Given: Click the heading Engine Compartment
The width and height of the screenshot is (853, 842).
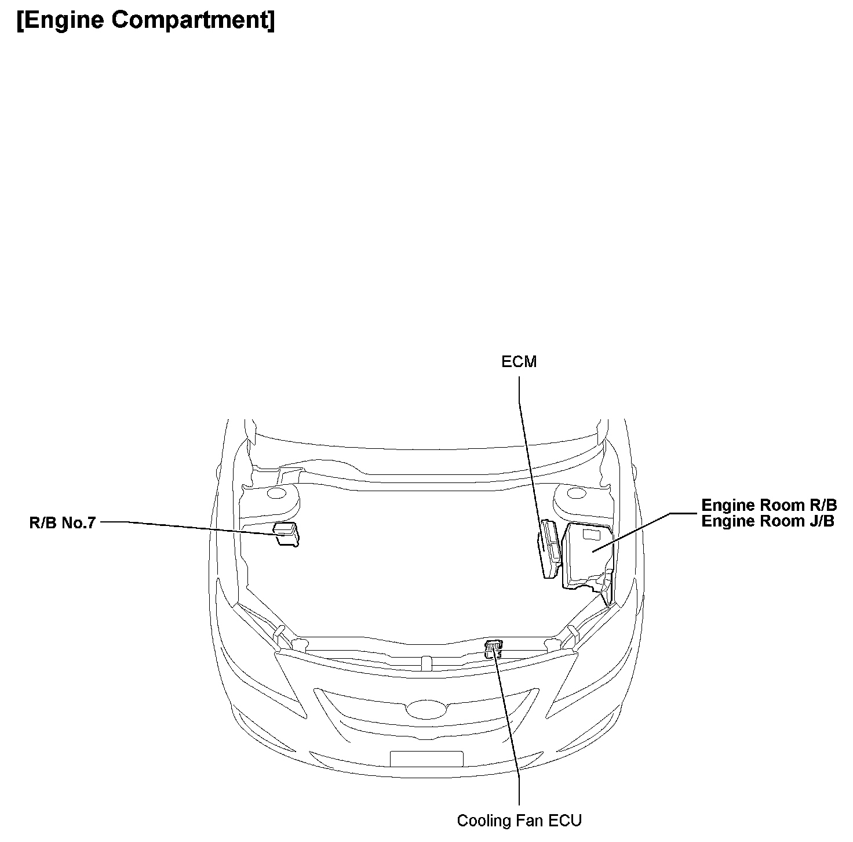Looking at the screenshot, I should tap(145, 20).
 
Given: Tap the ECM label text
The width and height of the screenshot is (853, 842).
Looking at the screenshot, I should tap(519, 362).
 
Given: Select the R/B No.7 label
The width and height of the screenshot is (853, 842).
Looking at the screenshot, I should tap(62, 522).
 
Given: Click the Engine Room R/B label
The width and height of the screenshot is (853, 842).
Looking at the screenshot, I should tap(768, 505).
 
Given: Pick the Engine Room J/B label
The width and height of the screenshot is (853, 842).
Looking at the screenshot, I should tap(767, 521).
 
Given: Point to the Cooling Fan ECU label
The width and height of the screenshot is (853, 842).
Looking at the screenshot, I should tap(519, 821).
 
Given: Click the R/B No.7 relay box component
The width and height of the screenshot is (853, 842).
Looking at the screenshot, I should tap(286, 533).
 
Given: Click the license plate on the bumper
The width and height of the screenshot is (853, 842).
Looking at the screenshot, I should tap(426, 759).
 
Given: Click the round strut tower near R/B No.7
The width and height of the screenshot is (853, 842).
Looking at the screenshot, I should tap(277, 494).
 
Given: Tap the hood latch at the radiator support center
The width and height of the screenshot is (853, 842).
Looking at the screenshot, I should tap(426, 661).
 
